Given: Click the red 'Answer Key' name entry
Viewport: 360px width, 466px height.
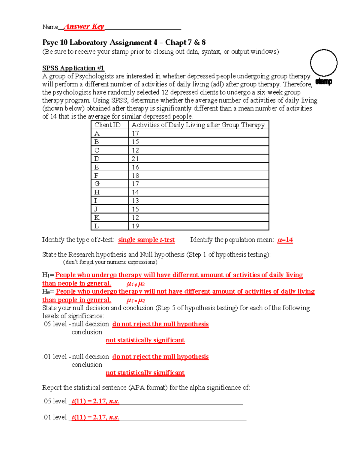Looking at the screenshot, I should (84, 26).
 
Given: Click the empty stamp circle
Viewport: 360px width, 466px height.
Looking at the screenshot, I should (323, 63).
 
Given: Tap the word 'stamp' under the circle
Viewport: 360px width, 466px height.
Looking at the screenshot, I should (323, 81).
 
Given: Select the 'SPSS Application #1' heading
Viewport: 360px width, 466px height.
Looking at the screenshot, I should (73, 68).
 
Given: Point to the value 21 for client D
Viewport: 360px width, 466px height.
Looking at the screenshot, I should (135, 159).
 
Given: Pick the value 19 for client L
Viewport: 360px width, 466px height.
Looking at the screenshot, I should (135, 226).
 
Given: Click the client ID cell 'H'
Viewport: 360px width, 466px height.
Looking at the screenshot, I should (97, 192).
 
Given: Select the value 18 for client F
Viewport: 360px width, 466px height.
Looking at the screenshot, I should (135, 176).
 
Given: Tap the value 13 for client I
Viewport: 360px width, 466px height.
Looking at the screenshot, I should (135, 201).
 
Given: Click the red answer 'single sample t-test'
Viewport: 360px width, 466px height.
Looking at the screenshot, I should (146, 240).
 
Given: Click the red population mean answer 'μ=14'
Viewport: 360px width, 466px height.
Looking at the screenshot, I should (285, 240).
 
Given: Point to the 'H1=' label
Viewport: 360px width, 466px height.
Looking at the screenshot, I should (48, 275).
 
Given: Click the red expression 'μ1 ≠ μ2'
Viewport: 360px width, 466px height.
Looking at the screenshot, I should (136, 284).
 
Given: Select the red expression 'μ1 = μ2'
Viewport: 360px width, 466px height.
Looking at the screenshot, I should (136, 300).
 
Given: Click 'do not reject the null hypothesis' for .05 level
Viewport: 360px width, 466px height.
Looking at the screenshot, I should (160, 324).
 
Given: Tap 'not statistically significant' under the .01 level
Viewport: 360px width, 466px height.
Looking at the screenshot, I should (145, 373).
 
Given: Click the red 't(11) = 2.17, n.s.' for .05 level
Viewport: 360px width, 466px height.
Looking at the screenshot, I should (95, 401).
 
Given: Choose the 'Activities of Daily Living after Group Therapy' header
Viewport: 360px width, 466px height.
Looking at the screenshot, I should (198, 125).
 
